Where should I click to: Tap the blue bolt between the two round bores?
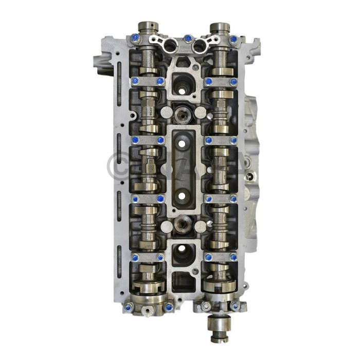188,38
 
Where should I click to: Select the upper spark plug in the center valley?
182,115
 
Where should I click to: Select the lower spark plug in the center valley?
183,223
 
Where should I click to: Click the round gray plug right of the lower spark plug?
201,225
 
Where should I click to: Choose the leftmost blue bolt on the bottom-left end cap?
128,307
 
